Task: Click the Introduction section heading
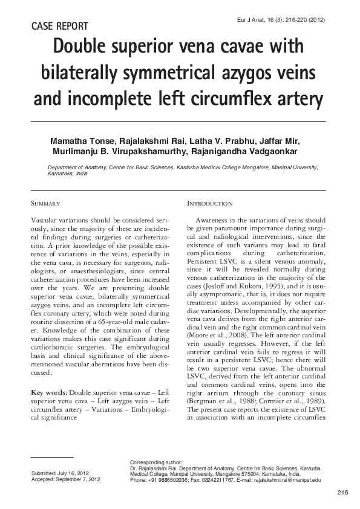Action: pyautogui.click(x=209, y=203)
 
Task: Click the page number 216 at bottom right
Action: pyautogui.click(x=343, y=493)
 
